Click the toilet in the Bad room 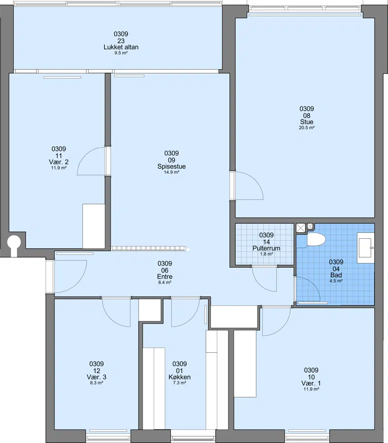(316, 239)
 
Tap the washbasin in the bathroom (366, 248)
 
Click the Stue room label (307, 122)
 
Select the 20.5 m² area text (307, 128)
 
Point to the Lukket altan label (121, 47)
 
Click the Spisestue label (171, 166)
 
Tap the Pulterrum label (266, 248)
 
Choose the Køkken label (179, 377)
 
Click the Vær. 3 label (97, 377)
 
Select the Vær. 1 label (311, 383)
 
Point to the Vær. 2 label (59, 162)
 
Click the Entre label (164, 277)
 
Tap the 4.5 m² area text (336, 281)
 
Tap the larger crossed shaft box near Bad (301, 228)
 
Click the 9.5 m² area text (121, 53)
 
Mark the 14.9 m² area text (172, 172)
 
